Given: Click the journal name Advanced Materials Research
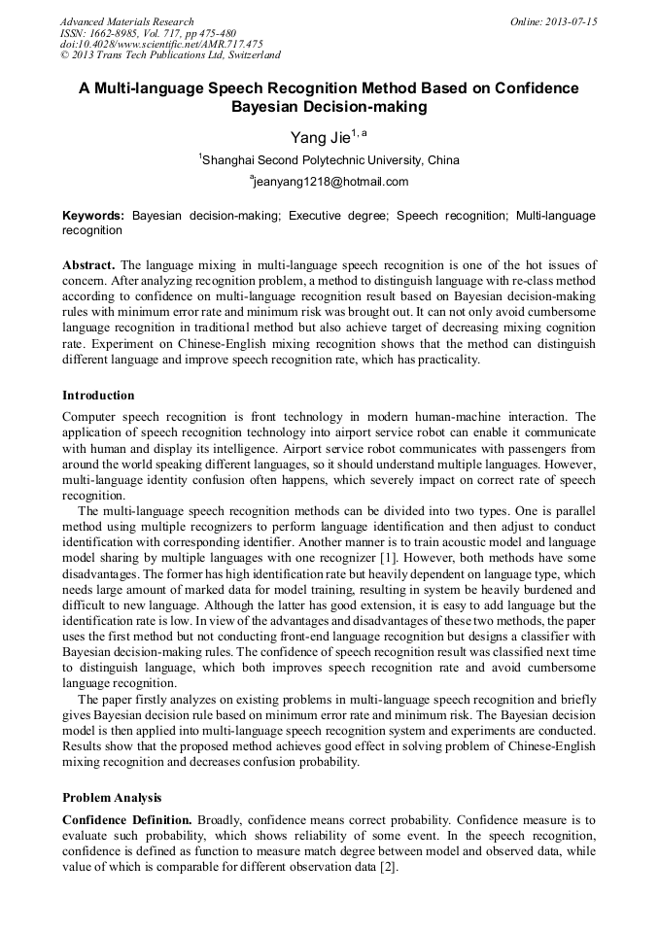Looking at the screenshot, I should coord(126,21).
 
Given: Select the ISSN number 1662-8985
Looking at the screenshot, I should coord(121,33).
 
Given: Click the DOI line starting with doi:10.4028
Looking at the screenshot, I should coord(161,44).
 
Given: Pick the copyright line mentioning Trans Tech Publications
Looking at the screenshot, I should coord(170,55).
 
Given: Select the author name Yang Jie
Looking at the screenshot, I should coord(320,137).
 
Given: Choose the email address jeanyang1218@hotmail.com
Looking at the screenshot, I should coord(330,182).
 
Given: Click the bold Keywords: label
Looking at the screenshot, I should coord(93,215).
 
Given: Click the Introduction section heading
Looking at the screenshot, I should coord(98,396).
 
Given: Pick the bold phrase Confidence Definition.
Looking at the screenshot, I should coord(126,820).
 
